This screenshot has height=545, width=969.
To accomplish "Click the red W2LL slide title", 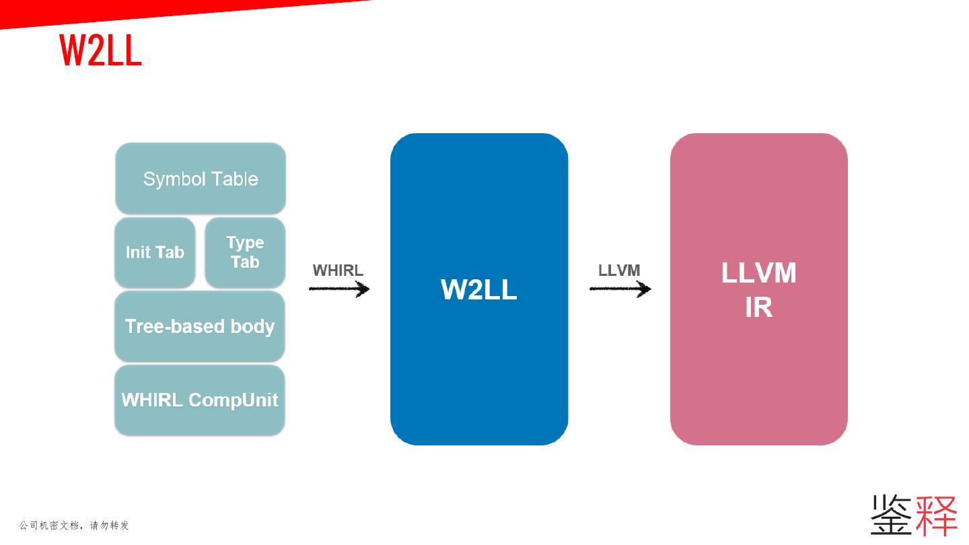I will (101, 50).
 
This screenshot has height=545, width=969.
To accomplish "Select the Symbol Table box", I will (201, 178).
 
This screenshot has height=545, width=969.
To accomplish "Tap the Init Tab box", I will (155, 252).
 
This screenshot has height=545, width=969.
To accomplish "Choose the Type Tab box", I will (245, 252).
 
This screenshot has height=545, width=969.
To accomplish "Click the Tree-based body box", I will (200, 326).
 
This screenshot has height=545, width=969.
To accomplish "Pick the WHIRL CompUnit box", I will (200, 400).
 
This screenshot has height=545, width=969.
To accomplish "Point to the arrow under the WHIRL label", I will (339, 289).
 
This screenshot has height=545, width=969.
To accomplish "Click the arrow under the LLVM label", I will (620, 289).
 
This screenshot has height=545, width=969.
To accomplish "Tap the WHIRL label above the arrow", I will (338, 270).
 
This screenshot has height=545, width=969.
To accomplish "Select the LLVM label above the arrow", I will (619, 270).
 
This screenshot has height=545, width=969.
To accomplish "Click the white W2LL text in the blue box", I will (479, 289).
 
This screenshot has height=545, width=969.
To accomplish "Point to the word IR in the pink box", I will (758, 307).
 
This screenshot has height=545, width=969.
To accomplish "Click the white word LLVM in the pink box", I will (758, 273).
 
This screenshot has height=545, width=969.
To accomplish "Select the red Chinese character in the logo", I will (936, 515).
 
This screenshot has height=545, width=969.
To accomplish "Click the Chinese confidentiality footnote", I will (74, 525).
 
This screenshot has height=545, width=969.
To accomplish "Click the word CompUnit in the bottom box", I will (233, 400).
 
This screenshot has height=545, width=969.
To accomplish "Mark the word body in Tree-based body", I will (252, 326).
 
